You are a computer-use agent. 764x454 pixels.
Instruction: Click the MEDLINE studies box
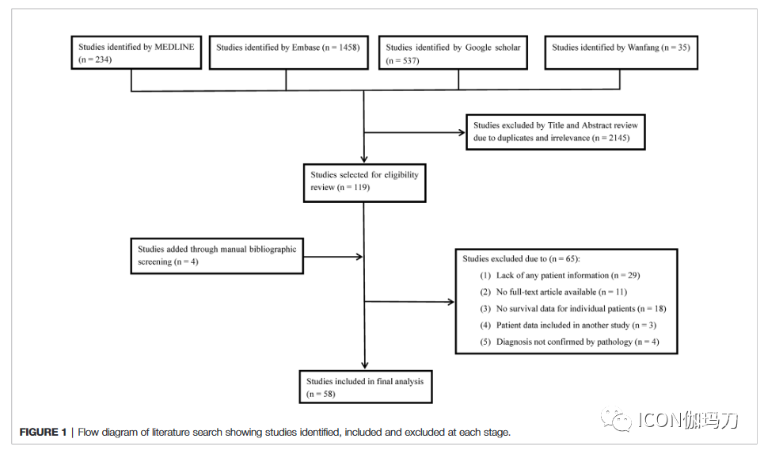point(136,52)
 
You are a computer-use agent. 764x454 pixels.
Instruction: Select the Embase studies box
point(288,52)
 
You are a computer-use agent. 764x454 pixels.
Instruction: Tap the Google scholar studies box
point(453,52)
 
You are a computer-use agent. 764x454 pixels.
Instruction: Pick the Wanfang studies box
point(621,52)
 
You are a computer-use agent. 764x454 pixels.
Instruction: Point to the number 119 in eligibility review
point(360,187)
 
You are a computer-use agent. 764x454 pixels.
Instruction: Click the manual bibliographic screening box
point(217,256)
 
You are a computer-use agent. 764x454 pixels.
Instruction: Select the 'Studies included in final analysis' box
point(366,387)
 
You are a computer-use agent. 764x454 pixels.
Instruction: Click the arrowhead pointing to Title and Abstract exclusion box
point(462,132)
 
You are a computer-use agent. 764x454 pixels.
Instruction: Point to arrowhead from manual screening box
point(359,257)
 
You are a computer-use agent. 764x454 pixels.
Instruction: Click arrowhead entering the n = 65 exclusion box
point(450,302)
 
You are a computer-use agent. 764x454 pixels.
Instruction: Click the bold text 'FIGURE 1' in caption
point(43,432)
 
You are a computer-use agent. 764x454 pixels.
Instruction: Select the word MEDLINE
point(174,48)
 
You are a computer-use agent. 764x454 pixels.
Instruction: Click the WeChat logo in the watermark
point(616,419)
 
